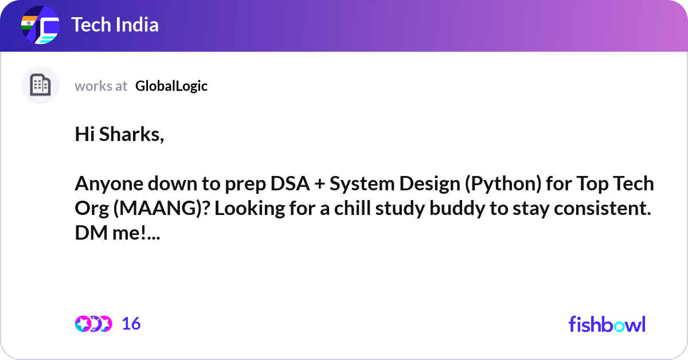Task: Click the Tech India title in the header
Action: coord(115,25)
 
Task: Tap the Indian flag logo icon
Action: coord(40,26)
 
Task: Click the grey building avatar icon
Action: coord(40,85)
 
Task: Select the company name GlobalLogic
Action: coord(171,86)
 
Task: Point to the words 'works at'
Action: coord(101,86)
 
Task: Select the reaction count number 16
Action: coord(131,324)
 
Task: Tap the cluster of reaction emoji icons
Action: coord(93,324)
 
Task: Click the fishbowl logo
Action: coord(607,324)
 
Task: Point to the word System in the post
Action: coord(356,184)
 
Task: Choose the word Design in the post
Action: coord(423,184)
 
